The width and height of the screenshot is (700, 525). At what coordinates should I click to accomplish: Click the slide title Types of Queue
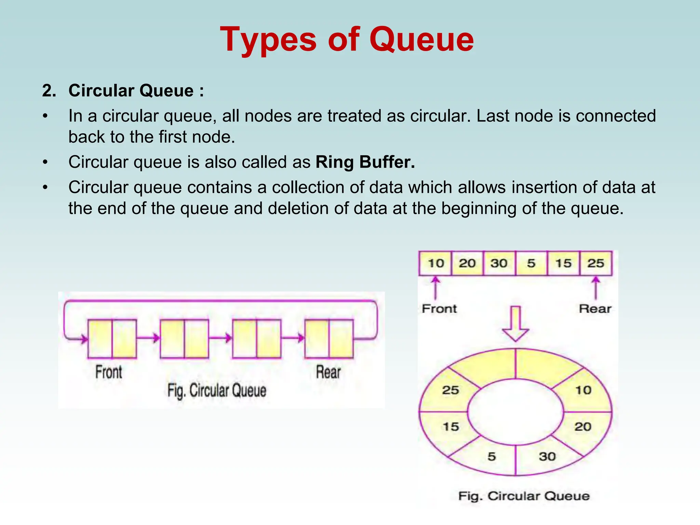(x=347, y=40)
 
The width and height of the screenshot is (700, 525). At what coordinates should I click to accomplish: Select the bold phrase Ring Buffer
(x=365, y=162)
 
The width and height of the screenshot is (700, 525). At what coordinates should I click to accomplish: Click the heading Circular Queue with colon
(x=136, y=91)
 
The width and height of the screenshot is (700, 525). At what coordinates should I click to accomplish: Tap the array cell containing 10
(x=435, y=263)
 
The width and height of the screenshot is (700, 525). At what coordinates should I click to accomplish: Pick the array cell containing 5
(x=531, y=263)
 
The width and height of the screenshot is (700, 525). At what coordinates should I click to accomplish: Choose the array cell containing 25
(x=595, y=263)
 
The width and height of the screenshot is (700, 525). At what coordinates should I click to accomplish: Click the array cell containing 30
(x=499, y=263)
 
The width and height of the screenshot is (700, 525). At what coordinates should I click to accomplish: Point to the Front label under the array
(x=439, y=309)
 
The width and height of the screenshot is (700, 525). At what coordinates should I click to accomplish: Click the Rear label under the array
(x=595, y=309)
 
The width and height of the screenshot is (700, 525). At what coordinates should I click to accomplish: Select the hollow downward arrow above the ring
(x=515, y=323)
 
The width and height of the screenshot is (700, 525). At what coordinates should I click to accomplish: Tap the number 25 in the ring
(x=450, y=390)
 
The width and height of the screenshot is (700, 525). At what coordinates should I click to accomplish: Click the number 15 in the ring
(x=451, y=427)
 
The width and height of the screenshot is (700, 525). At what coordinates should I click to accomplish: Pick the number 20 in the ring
(x=583, y=427)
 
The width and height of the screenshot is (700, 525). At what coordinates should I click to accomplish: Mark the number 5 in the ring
(x=492, y=456)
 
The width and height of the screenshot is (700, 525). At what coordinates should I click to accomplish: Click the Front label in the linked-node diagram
(x=109, y=372)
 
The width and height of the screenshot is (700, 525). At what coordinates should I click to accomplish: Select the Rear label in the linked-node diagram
(x=328, y=372)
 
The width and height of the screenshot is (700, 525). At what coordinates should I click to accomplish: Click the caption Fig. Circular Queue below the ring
(x=524, y=496)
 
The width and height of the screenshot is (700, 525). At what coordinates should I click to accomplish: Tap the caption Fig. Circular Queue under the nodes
(x=217, y=390)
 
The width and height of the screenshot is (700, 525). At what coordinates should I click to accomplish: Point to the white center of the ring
(x=515, y=412)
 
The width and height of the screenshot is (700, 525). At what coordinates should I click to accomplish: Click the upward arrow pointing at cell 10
(x=435, y=288)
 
